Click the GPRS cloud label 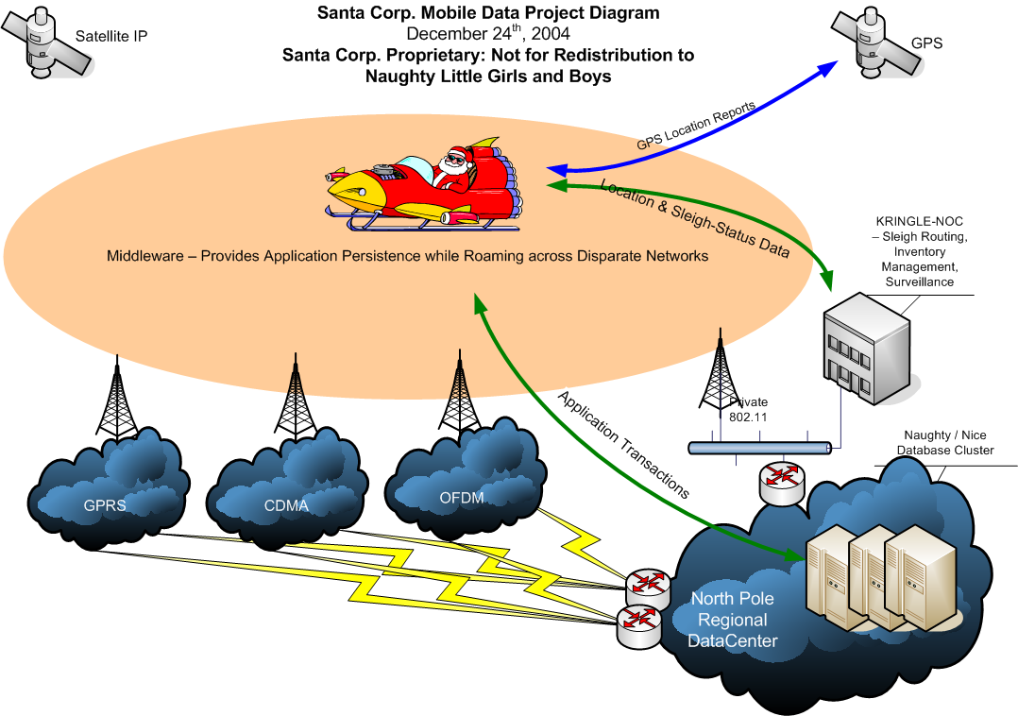pyautogui.click(x=105, y=505)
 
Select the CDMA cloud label pyautogui.click(x=286, y=505)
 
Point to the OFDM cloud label pyautogui.click(x=462, y=498)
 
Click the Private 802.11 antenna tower pyautogui.click(x=719, y=378)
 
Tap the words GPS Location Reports pyautogui.click(x=695, y=127)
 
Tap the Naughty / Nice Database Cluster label pyautogui.click(x=944, y=443)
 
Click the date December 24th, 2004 pyautogui.click(x=488, y=33)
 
